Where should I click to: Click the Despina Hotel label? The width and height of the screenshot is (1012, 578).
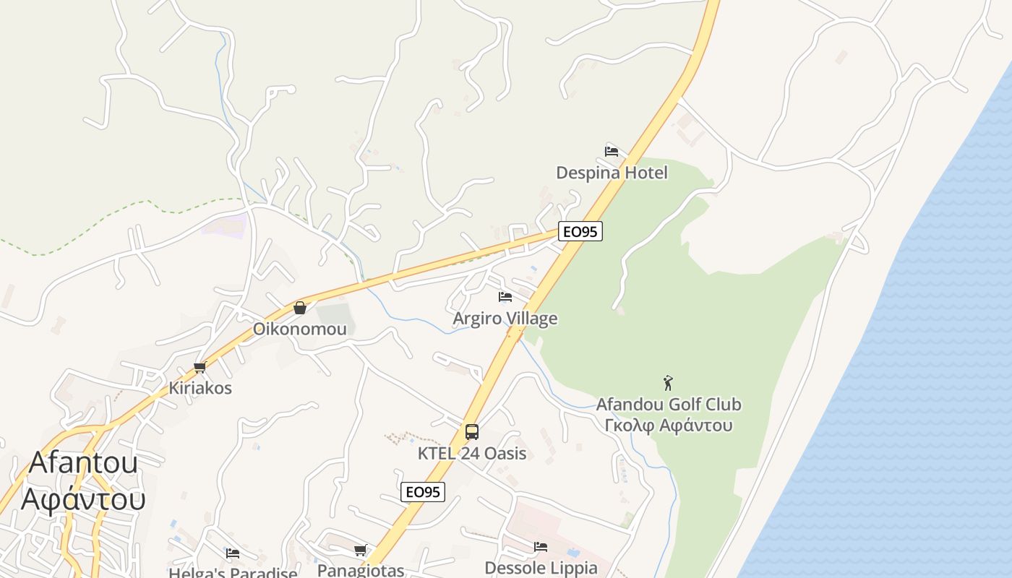tap(612, 173)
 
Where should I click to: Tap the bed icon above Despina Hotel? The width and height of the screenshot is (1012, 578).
tap(612, 152)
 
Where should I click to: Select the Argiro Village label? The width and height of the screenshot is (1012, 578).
tap(505, 319)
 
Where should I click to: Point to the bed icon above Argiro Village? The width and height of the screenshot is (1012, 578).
tap(505, 297)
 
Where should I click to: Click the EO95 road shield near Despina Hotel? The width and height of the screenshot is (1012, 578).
tap(580, 232)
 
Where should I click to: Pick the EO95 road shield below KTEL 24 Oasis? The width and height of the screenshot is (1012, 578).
tap(423, 492)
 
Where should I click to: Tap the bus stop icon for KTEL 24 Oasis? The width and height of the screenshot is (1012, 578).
tap(472, 432)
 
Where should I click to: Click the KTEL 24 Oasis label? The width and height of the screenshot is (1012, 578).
tap(472, 454)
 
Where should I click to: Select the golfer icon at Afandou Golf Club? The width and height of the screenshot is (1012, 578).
tap(668, 383)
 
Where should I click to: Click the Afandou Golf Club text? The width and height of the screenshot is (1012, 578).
tap(669, 405)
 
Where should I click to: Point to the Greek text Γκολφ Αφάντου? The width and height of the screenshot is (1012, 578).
tap(669, 425)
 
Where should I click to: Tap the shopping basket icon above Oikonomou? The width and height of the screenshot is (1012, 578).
tap(300, 308)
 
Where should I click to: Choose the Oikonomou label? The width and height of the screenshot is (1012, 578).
tap(299, 329)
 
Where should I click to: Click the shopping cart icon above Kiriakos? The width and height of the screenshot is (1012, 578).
tap(200, 367)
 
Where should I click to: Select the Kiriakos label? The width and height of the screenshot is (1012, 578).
tap(200, 388)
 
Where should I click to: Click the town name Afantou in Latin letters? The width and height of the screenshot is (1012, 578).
tap(83, 462)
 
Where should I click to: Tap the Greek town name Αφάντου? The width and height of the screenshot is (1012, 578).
tap(83, 499)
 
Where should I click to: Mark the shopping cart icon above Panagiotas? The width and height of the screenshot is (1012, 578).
tap(360, 551)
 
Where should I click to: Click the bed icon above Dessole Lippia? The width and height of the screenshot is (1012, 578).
tap(541, 547)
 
